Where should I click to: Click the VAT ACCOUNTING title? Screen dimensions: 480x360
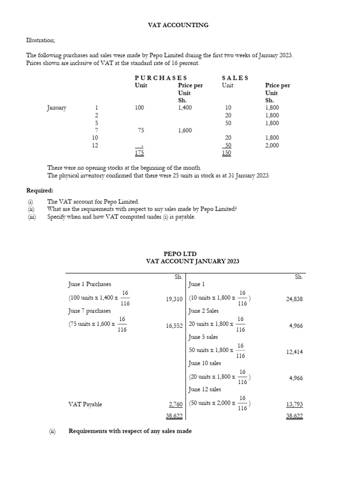[x=178, y=25]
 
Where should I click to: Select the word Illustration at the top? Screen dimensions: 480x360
[x=41, y=40]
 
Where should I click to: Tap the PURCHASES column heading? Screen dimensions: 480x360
[x=161, y=78]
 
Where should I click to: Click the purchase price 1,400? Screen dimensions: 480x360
[x=185, y=108]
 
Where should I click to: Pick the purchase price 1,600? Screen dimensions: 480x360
[x=185, y=130]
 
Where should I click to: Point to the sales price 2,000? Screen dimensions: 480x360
[x=272, y=145]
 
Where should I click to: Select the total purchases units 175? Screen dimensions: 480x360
[x=139, y=153]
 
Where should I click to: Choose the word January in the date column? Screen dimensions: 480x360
[x=57, y=108]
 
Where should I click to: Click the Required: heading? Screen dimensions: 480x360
[x=40, y=191]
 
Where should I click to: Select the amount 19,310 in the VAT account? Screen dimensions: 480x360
[x=174, y=299]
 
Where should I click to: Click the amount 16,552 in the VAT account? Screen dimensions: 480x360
[x=174, y=325]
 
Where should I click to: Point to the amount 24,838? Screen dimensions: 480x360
[x=294, y=299]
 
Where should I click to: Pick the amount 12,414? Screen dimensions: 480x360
[x=294, y=352]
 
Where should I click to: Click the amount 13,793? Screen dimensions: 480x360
[x=294, y=404]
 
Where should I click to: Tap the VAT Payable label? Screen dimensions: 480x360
[x=85, y=404]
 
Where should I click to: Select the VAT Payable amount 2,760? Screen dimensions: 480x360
[x=175, y=404]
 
